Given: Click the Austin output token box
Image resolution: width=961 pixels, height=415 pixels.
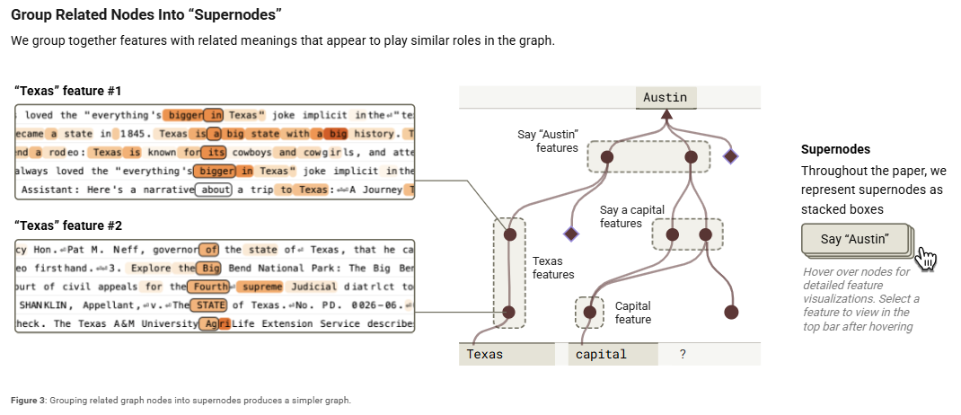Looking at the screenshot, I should pos(666,98).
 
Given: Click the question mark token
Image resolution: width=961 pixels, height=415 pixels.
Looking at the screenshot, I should pos(683,354).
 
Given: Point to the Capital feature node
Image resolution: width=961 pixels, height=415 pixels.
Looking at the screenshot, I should pos(589,313).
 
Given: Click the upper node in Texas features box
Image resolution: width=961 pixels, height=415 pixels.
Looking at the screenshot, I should pos(509,234).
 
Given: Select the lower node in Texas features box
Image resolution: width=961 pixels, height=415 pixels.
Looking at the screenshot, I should pos(509,313).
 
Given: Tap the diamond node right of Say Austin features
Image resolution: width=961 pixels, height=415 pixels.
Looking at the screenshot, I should pos(730,157).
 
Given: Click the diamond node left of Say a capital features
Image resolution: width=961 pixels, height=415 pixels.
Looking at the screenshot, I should pos(570,234).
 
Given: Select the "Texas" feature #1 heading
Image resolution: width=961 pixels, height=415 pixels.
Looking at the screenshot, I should pos(68,92).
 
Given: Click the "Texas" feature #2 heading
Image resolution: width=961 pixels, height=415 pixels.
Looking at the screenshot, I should pos(68,225).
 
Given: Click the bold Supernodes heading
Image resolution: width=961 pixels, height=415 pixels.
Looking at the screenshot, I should pos(835,149).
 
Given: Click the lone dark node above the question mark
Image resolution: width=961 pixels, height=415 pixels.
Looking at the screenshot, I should pos(731,313).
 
